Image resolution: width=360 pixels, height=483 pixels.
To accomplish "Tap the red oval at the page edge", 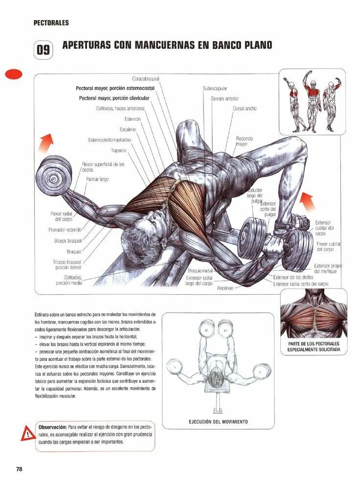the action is click(14, 74).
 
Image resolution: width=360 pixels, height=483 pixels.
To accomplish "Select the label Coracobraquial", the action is click(145, 79).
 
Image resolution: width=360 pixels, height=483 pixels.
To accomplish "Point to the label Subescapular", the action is click(215, 88).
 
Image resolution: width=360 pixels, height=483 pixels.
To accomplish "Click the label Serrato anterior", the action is click(225, 98).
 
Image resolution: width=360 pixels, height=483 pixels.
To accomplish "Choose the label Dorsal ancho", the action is click(244, 109).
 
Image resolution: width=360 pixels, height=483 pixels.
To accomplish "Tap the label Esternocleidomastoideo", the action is click(111, 140).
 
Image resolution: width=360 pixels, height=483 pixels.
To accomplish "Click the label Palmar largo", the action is click(97, 179).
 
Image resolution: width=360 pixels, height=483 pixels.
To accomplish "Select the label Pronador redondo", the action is click(65, 230).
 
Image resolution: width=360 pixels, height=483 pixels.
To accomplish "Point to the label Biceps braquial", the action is click(68, 241).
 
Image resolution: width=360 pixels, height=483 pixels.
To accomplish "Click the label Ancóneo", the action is click(226, 288).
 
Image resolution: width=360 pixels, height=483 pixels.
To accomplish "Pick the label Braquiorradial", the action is click(201, 270).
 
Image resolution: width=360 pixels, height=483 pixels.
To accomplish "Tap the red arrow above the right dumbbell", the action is click(307, 199).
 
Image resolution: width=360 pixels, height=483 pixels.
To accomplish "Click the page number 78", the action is click(19, 469).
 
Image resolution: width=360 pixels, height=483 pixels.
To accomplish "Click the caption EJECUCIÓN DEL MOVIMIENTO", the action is click(218, 421).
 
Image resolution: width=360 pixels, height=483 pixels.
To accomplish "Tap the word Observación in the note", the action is click(52, 426).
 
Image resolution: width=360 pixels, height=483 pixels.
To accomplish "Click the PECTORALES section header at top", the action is click(51, 22).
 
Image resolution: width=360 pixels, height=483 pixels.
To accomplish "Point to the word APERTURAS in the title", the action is click(87, 45).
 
